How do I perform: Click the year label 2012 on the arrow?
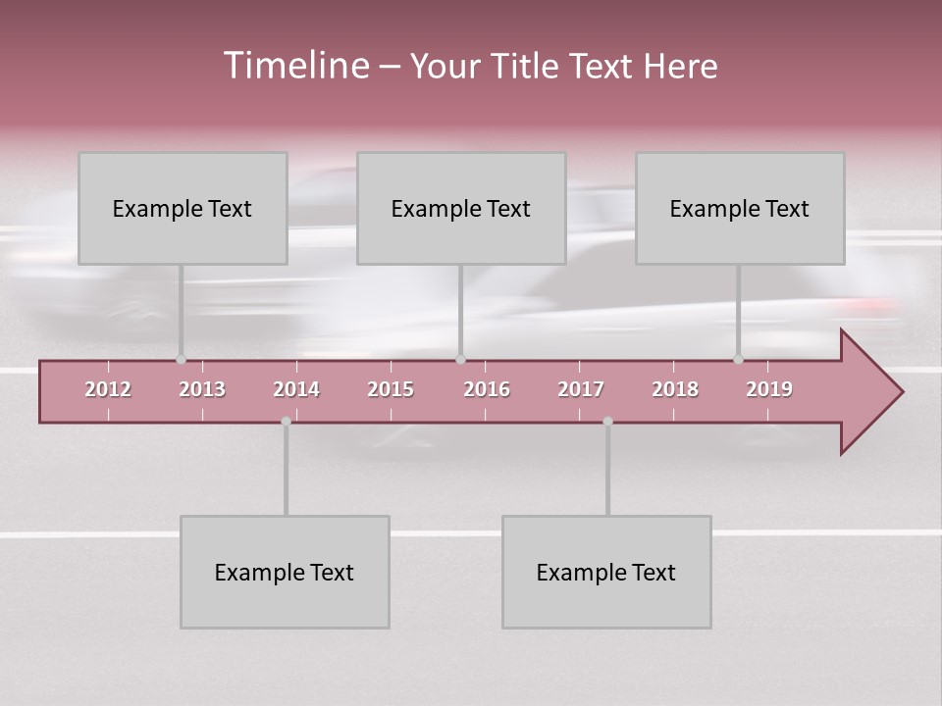[x=108, y=389]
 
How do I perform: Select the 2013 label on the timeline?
[x=202, y=389]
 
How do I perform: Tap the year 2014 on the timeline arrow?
[x=296, y=389]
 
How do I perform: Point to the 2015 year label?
[x=391, y=389]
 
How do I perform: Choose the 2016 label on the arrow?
[x=487, y=389]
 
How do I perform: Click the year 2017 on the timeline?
[x=581, y=389]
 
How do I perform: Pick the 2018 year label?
[x=675, y=389]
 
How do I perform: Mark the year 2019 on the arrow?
[x=769, y=389]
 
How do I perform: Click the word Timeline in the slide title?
[x=295, y=66]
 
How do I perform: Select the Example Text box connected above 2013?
[x=183, y=208]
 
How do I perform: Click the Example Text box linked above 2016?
[x=461, y=208]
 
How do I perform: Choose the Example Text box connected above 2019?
[x=740, y=208]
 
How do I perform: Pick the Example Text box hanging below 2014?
[x=285, y=572]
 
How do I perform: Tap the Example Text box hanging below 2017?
[x=606, y=572]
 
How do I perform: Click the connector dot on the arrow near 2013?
[x=181, y=360]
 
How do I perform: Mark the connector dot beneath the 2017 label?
[x=607, y=422]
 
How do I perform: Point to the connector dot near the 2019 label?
[x=738, y=360]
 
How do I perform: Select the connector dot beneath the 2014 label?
[x=286, y=422]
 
